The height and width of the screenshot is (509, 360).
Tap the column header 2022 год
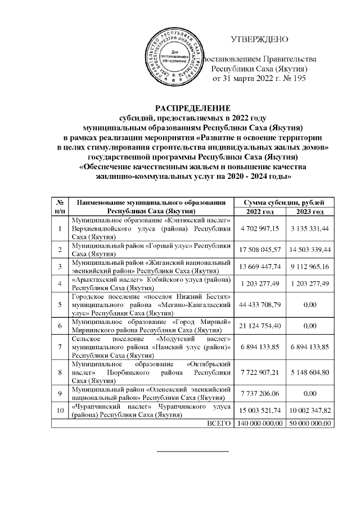(259, 211)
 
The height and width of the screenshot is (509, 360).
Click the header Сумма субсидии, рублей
(285, 202)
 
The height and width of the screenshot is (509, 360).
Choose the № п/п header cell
(59, 206)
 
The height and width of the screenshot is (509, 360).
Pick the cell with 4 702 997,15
(259, 229)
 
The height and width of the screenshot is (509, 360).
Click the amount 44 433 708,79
(259, 304)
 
